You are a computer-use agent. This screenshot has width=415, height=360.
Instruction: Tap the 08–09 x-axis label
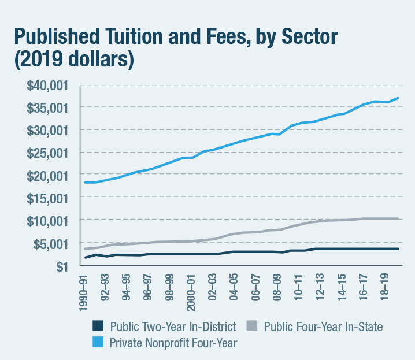point(276,284)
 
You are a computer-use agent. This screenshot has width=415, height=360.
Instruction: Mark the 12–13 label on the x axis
point(318,284)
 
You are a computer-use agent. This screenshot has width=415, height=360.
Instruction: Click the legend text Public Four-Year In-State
point(323,327)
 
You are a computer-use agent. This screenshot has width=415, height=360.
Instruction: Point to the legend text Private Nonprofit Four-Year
point(173,342)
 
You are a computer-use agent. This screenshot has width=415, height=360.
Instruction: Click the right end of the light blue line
point(398,98)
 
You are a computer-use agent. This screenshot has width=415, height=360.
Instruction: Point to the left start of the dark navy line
point(85,258)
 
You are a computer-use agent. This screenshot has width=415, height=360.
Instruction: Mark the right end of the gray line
point(398,218)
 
